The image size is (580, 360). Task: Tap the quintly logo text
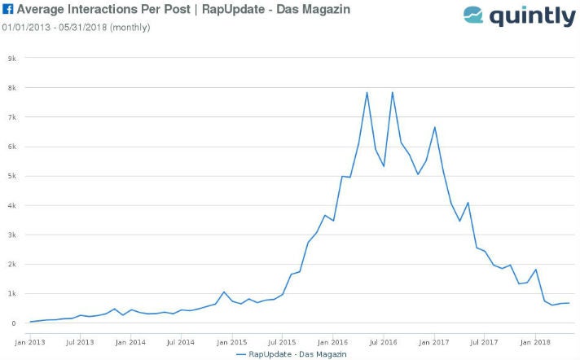click(x=531, y=15)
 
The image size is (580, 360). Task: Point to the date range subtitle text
click(x=75, y=27)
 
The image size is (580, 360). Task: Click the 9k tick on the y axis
click(x=12, y=58)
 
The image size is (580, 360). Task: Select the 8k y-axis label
click(x=12, y=87)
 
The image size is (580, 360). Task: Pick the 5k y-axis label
click(x=12, y=176)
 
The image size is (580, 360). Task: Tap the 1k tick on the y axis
click(x=12, y=293)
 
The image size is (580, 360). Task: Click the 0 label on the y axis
click(x=14, y=323)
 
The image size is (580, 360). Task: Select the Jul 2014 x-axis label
click(x=181, y=342)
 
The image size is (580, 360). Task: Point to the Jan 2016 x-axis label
click(x=332, y=342)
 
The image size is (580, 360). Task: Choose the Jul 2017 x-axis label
click(x=484, y=342)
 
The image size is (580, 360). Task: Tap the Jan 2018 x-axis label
click(x=534, y=342)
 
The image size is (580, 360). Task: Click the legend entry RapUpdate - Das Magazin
click(x=297, y=354)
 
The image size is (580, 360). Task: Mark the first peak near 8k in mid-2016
click(x=367, y=92)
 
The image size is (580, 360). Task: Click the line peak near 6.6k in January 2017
click(x=435, y=127)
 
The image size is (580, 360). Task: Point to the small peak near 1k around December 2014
click(x=223, y=292)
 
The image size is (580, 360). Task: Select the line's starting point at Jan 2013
click(x=31, y=322)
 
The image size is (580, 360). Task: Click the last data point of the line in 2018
click(x=569, y=303)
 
